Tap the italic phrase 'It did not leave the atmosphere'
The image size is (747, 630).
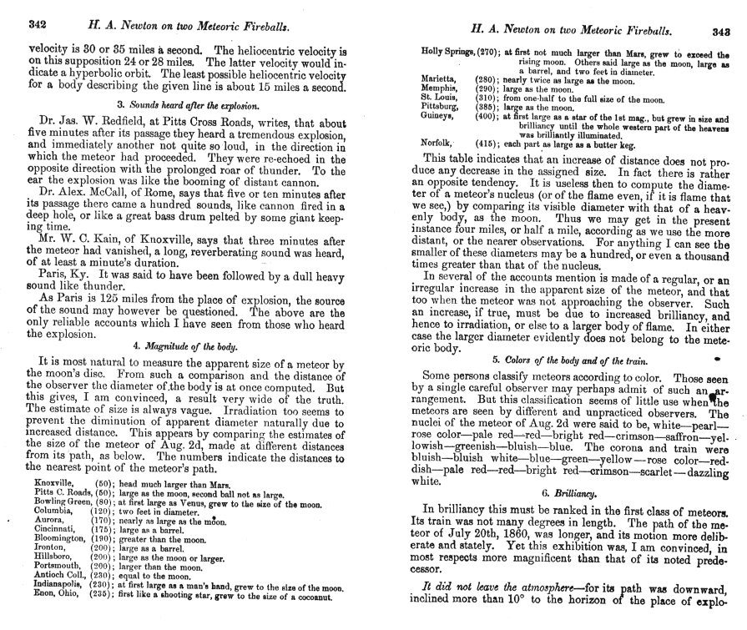pyautogui.click(x=507, y=588)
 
